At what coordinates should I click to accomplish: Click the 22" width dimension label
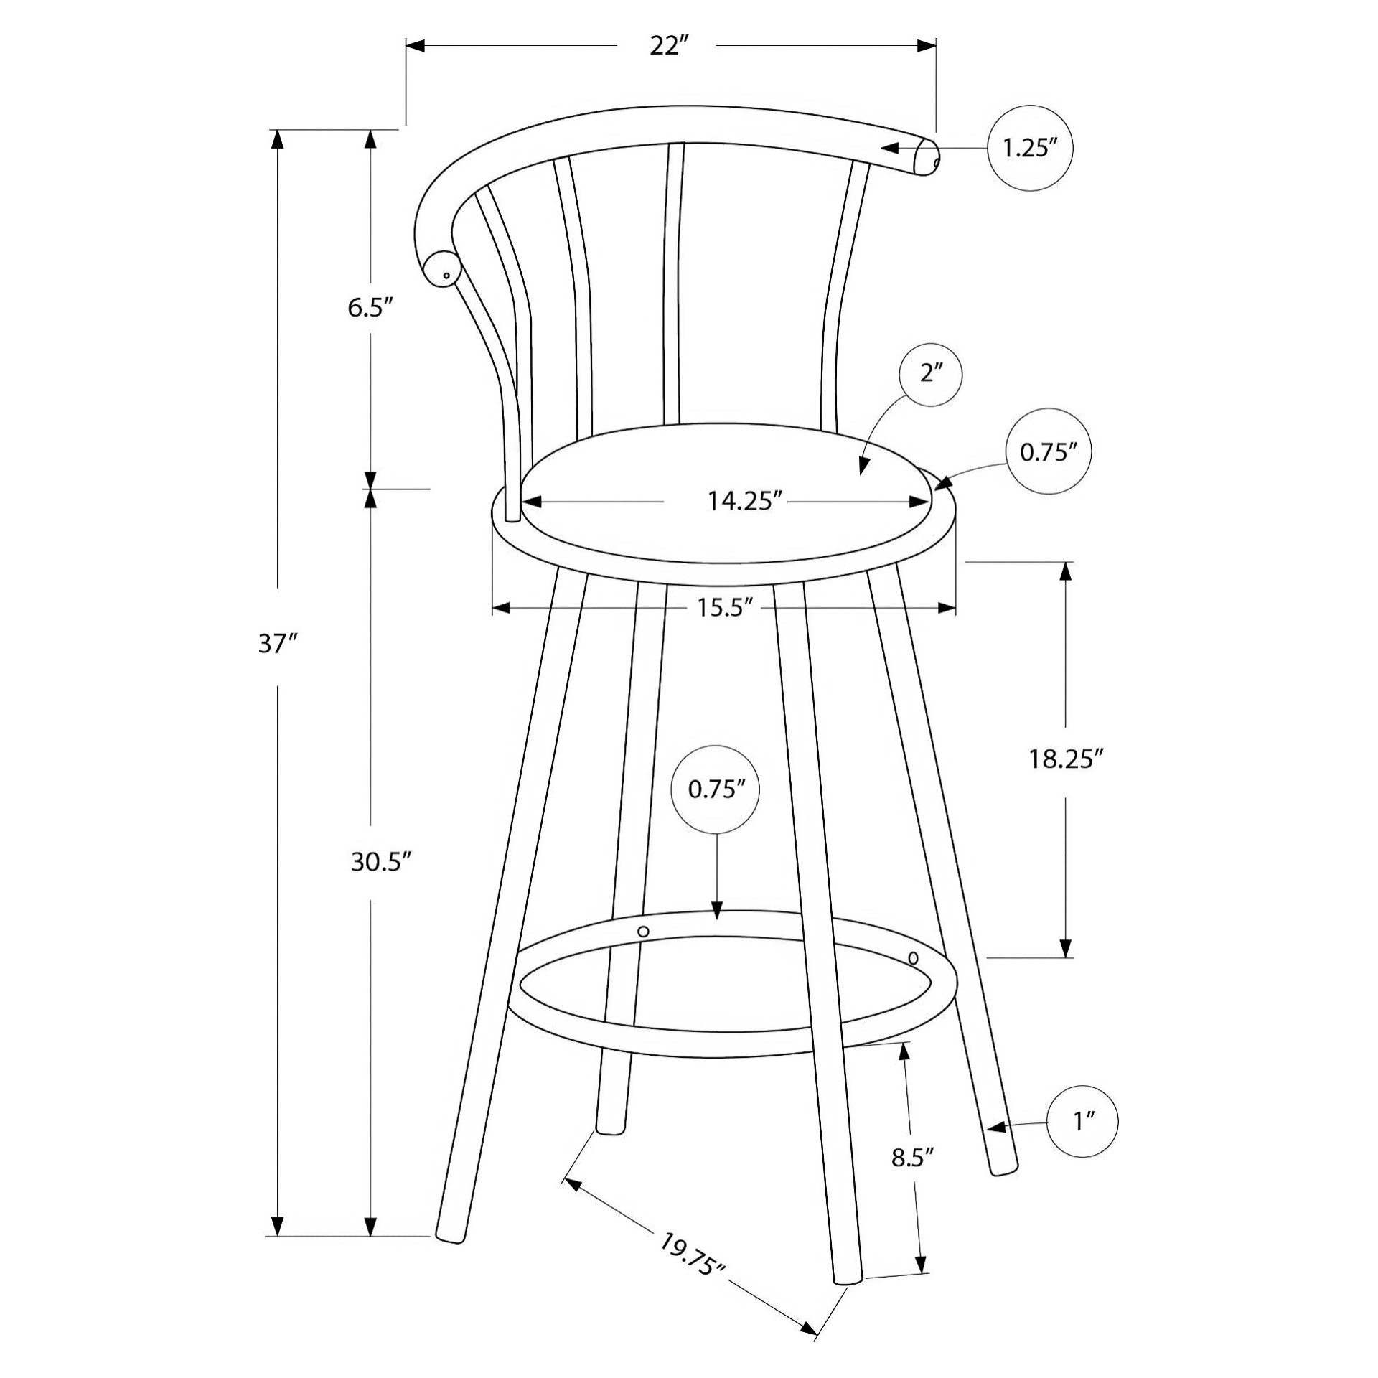coord(669,46)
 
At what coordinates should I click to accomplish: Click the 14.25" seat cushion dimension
coord(744,500)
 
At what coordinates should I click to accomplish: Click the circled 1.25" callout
coord(1031,148)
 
